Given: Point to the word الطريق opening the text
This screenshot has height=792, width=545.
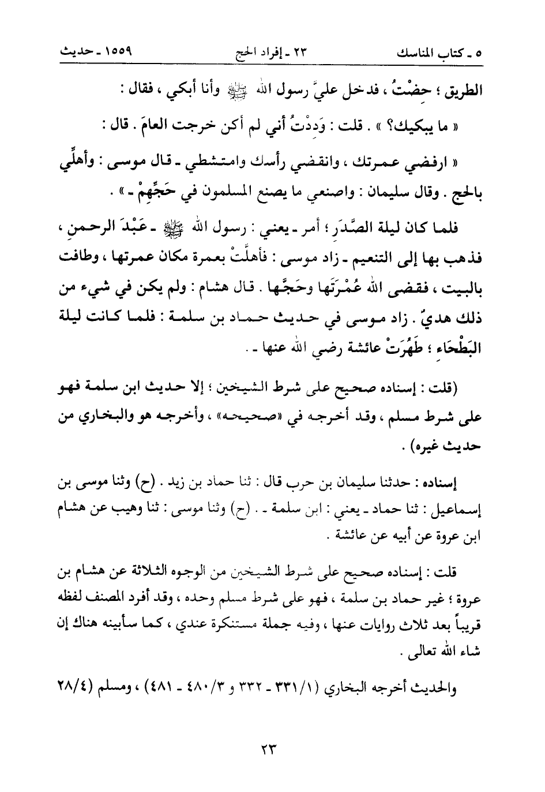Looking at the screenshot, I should [x=462, y=91].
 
